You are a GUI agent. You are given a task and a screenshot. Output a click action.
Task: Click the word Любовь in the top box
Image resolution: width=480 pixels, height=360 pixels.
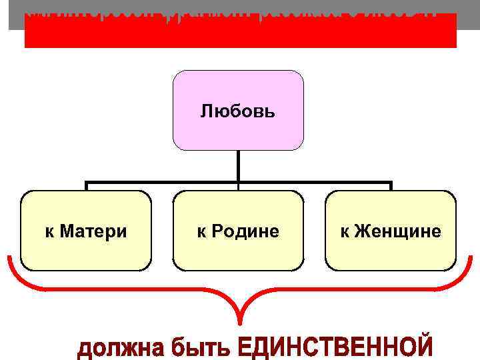click(x=238, y=110)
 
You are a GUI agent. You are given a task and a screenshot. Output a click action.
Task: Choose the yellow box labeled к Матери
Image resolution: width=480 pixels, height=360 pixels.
click(x=86, y=253)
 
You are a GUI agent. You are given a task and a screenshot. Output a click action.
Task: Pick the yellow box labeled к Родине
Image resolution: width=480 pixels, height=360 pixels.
click(x=238, y=253)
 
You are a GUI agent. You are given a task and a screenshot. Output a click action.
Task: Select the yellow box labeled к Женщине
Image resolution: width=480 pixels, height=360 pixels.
click(x=391, y=253)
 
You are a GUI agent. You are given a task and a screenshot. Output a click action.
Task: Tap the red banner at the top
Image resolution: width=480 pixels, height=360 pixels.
click(x=240, y=37)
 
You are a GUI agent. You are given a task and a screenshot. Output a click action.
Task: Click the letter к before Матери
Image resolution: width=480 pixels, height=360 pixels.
click(x=49, y=231)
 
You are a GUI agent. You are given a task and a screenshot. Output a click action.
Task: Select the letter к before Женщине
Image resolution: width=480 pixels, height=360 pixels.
click(x=345, y=231)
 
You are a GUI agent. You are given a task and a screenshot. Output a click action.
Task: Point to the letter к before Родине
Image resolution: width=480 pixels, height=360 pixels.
click(x=200, y=231)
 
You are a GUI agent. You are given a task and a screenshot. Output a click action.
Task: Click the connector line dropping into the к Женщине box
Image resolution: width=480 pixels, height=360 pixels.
click(x=391, y=186)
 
